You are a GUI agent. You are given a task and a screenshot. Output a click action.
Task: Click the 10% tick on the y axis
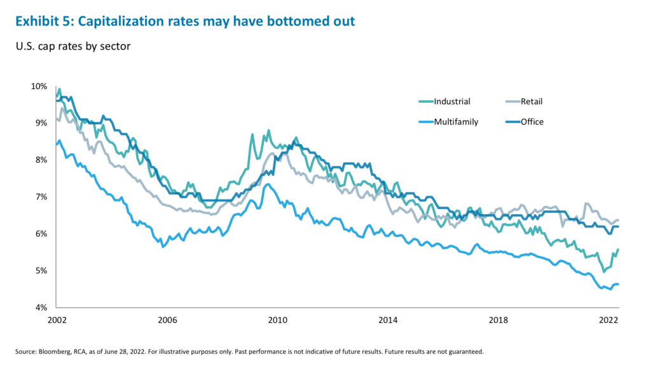click(39, 86)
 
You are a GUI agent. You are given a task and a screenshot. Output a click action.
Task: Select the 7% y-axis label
click(41, 197)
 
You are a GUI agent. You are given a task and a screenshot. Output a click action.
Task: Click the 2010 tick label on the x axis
click(277, 320)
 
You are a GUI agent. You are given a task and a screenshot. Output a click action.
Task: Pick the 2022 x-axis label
click(608, 320)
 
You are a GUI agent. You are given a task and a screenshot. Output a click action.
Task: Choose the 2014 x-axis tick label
click(388, 320)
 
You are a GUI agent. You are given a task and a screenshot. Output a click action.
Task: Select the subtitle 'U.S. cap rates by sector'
click(71, 48)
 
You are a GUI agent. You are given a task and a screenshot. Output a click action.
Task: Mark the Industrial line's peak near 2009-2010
click(268, 130)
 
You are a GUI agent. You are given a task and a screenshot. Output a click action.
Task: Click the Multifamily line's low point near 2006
click(163, 247)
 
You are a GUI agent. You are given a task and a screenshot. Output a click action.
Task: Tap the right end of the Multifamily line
click(619, 284)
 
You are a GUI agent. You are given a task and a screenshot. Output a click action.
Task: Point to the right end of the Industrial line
click(619, 250)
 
